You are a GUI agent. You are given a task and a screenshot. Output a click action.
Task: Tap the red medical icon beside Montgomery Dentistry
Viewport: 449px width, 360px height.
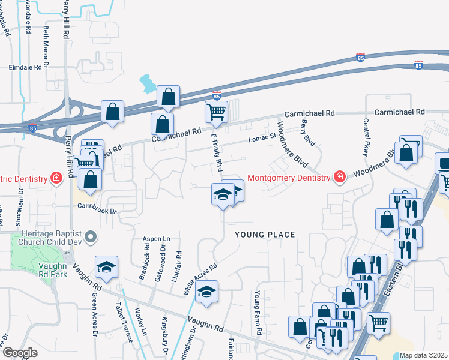[x=340, y=177]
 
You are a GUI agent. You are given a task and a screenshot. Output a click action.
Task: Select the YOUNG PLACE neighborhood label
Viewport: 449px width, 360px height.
[x=265, y=234]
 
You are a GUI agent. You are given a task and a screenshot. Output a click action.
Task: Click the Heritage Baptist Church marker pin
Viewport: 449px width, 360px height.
[x=91, y=238]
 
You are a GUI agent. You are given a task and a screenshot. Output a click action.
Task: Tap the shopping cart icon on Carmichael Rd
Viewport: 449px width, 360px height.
[x=216, y=111]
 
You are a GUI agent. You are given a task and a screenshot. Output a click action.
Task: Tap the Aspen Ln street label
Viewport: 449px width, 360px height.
[x=154, y=238]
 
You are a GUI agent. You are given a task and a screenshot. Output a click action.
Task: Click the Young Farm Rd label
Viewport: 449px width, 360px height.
[x=258, y=313]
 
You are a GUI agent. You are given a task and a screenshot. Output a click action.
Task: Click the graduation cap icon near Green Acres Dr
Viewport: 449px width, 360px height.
[x=107, y=268]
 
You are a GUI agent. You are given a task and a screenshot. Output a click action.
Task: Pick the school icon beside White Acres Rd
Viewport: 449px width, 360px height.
[x=206, y=292]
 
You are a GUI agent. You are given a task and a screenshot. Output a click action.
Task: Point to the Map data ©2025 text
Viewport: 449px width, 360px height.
[x=423, y=355]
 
